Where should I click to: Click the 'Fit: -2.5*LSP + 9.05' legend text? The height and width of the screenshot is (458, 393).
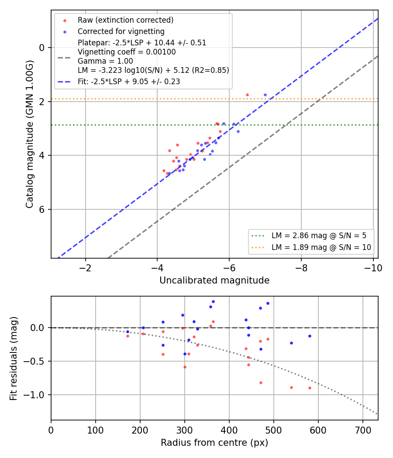click(x=129, y=82)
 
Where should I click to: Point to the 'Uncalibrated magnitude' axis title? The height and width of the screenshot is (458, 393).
click(x=214, y=280)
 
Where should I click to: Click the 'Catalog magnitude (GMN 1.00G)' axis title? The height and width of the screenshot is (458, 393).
click(x=30, y=134)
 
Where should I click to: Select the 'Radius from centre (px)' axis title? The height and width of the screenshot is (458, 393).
click(x=214, y=443)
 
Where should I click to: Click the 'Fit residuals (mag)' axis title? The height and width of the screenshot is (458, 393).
click(x=14, y=359)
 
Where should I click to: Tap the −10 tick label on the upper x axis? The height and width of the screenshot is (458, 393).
click(x=373, y=268)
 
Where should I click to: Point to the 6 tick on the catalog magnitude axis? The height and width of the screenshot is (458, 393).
click(x=42, y=209)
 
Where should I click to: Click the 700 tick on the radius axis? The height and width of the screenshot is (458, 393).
click(x=362, y=430)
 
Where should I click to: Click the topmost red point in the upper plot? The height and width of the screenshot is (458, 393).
click(x=248, y=95)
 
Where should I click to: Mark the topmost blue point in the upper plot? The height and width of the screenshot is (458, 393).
click(x=265, y=95)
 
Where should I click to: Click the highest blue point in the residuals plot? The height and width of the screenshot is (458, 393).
click(x=213, y=302)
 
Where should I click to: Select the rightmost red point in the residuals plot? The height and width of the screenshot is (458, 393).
click(x=310, y=388)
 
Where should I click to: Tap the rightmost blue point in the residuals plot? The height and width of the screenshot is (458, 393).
click(x=310, y=336)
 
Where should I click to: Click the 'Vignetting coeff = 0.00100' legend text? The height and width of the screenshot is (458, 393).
click(x=127, y=52)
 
